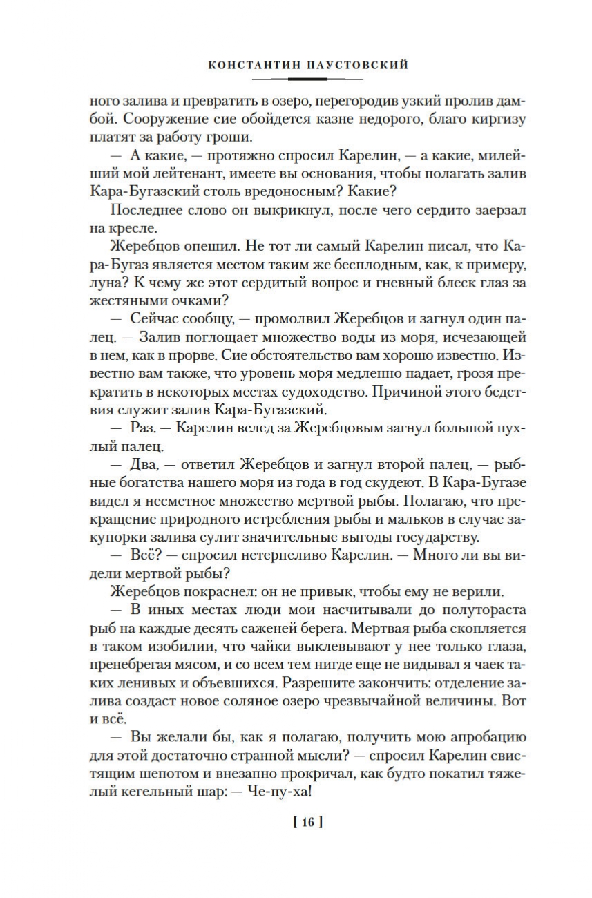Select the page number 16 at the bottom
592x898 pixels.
308,822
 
